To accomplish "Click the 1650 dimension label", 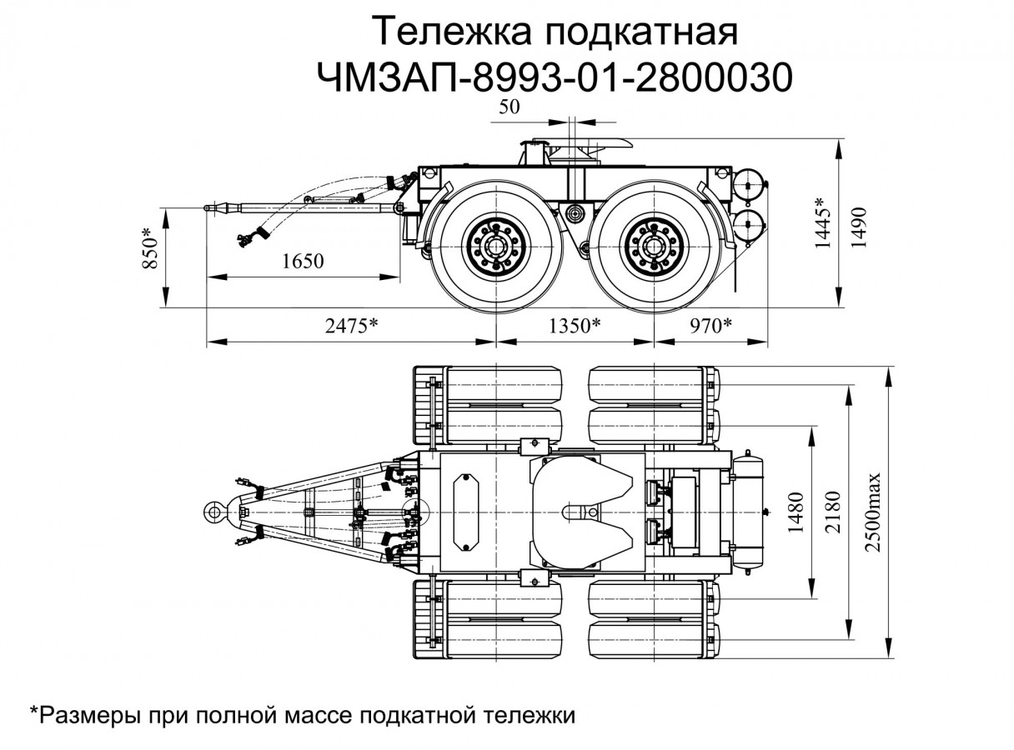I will (x=302, y=262).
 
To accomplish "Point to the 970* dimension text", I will (x=710, y=326).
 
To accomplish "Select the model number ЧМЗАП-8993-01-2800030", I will (x=553, y=77).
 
